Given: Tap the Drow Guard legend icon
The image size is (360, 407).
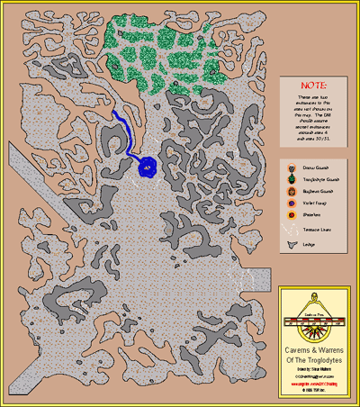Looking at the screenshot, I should (x=292, y=168).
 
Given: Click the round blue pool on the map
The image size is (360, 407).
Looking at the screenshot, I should (x=148, y=166).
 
